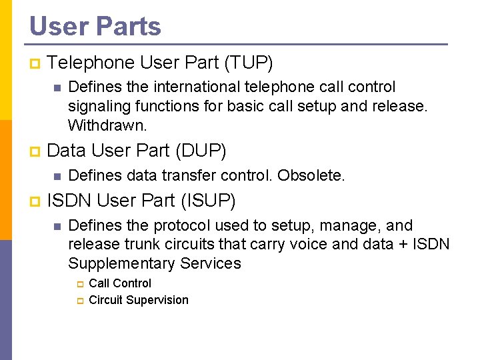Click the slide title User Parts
coord(95,27)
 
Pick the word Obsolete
coord(311,175)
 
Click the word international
coord(203,87)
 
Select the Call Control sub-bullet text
coord(120,283)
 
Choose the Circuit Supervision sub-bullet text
coord(139,300)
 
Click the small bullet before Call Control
coord(79,284)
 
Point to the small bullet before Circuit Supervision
coord(79,301)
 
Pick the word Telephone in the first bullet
coord(91,63)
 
